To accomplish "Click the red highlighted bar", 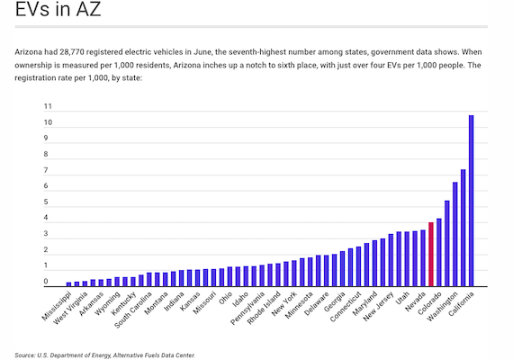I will pyautogui.click(x=431, y=255).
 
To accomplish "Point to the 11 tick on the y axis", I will pyautogui.click(x=48, y=107).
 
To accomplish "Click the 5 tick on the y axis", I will pyautogui.click(x=48, y=202).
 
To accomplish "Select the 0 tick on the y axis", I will pyautogui.click(x=48, y=282).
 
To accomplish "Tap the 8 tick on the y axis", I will pyautogui.click(x=48, y=155).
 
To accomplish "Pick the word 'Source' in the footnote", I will pyautogui.click(x=27, y=355).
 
